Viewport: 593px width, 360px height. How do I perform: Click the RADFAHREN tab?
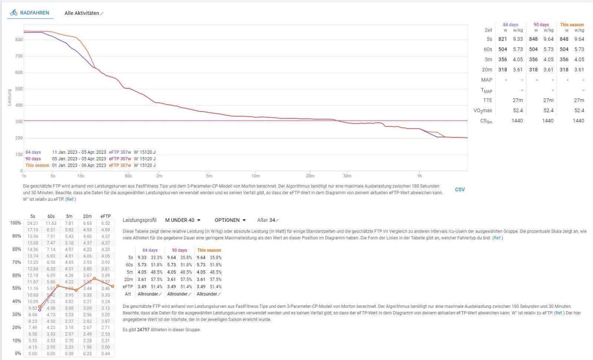(30, 13)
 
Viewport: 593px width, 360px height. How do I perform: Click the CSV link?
(460, 189)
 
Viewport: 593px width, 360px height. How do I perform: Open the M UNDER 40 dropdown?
(183, 220)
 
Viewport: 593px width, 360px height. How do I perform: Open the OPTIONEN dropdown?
(230, 220)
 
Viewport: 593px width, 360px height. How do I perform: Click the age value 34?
(272, 220)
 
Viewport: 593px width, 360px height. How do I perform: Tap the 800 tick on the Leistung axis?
(19, 40)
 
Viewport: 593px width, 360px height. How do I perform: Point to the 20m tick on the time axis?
(310, 176)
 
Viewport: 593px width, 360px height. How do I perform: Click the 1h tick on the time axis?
(419, 176)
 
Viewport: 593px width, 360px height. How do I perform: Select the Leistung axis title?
(10, 97)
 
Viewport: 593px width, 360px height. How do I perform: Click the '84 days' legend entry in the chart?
(33, 152)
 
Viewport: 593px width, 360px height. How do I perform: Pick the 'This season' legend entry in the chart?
(37, 166)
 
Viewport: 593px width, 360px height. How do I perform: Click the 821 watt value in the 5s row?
(503, 39)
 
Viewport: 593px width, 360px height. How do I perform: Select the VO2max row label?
(483, 110)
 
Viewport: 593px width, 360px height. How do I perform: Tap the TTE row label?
(487, 100)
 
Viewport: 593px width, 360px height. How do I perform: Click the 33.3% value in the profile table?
(156, 257)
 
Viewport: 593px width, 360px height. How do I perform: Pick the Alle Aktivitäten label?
(82, 13)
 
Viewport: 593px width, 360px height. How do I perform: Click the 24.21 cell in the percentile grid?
(33, 223)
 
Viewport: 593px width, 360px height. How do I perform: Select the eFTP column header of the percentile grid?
(105, 216)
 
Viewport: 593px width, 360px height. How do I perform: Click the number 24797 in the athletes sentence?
(143, 330)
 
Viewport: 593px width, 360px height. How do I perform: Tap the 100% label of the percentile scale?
(15, 223)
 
